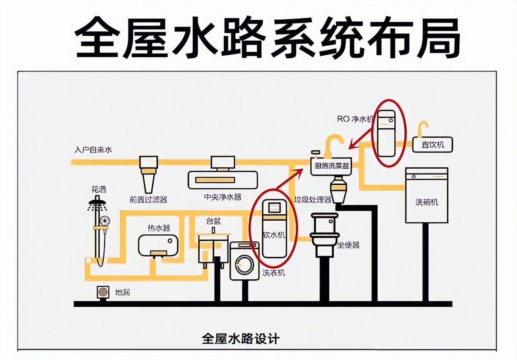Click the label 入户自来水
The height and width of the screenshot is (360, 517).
[x=93, y=150]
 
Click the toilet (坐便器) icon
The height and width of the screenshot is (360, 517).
[x=324, y=234]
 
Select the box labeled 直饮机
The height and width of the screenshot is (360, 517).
[x=433, y=144]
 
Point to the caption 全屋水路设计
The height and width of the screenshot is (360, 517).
[x=240, y=338]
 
